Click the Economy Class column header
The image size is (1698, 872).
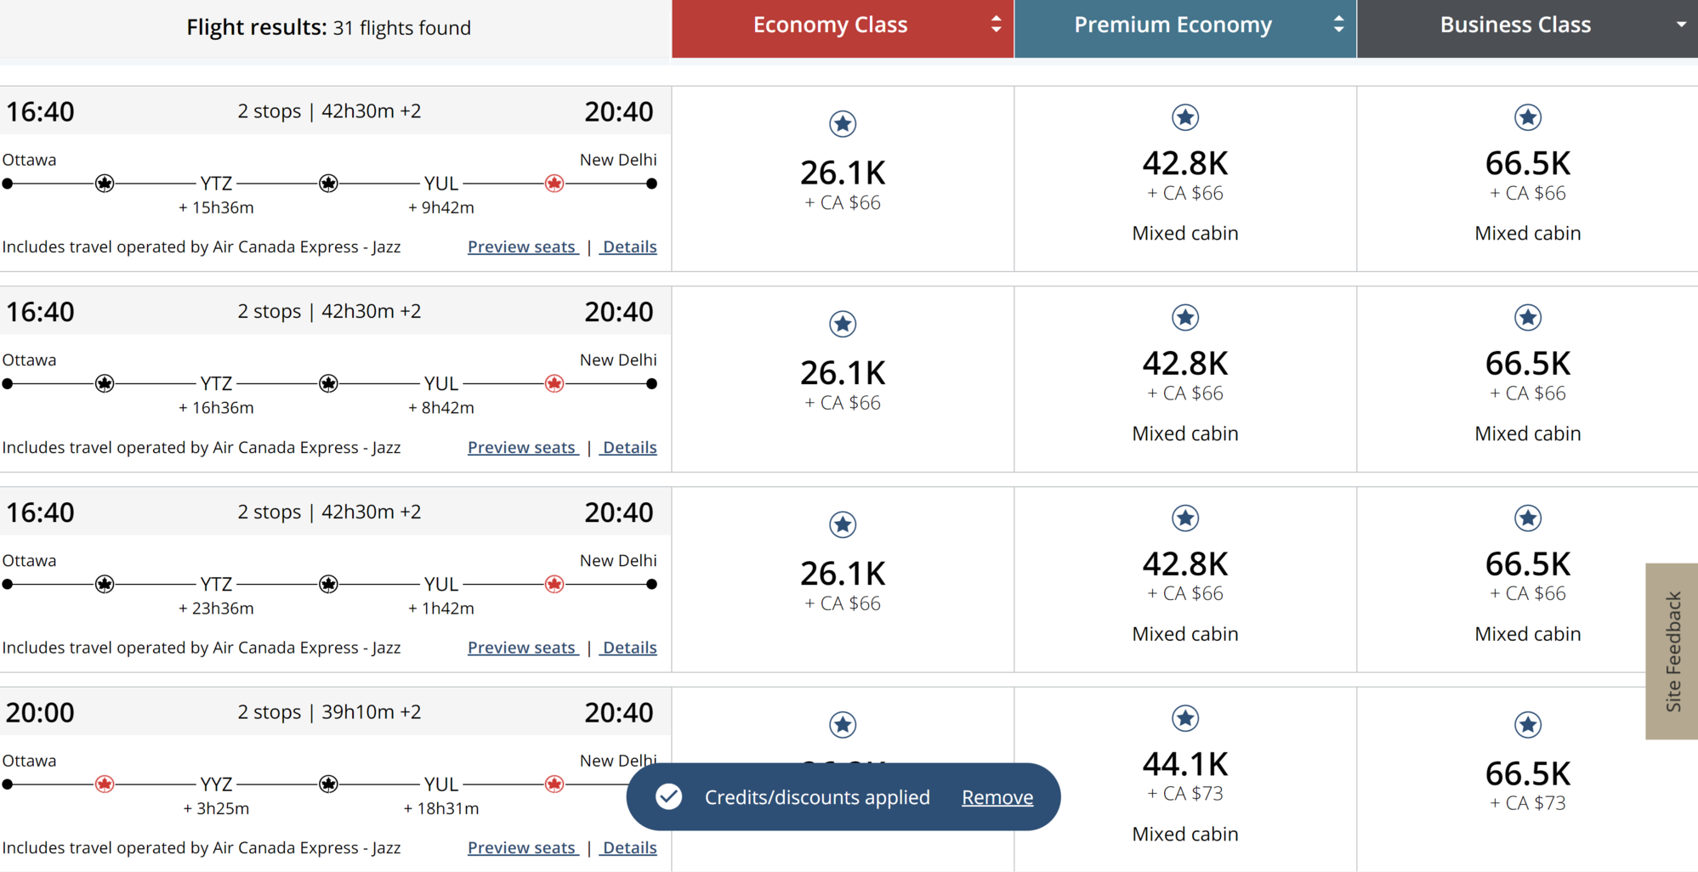(843, 28)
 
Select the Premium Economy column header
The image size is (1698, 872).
(1185, 28)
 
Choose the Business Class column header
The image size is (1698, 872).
(1527, 28)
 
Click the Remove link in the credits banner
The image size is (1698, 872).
(997, 797)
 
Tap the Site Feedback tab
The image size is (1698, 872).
(1672, 651)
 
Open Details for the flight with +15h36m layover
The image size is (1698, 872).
(629, 246)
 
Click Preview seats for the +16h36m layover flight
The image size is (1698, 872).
(522, 447)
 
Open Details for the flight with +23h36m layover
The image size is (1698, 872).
(629, 648)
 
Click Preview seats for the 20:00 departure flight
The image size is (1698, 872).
(522, 847)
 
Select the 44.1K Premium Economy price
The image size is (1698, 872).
(1185, 764)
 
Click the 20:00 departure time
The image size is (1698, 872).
(40, 712)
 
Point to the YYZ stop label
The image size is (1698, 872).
(216, 784)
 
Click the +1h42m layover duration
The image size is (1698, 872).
(441, 609)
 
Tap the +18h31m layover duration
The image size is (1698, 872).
(441, 808)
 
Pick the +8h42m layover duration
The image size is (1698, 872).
(441, 408)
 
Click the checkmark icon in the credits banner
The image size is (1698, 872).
(669, 796)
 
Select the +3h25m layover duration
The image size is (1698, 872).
(216, 808)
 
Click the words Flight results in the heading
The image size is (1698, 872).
(256, 28)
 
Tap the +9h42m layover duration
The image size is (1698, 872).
(441, 207)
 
